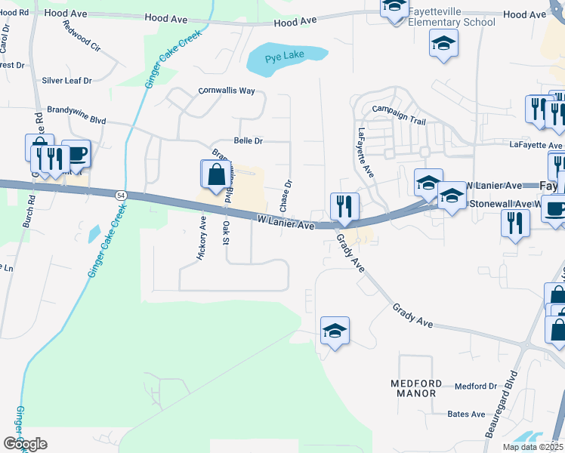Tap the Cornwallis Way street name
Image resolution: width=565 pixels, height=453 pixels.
(227, 91)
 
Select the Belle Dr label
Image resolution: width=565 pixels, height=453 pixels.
(248, 140)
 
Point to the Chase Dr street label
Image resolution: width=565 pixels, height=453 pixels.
(286, 196)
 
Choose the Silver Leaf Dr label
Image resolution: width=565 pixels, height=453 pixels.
(66, 80)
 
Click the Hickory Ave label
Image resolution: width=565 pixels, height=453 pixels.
(202, 238)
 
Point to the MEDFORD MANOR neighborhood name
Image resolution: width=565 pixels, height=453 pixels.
(414, 388)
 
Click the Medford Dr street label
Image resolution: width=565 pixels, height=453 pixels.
(475, 387)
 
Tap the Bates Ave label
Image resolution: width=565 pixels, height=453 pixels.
(466, 414)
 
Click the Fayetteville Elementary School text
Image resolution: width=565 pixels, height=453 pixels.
(452, 17)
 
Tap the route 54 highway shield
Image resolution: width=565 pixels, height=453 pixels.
(121, 195)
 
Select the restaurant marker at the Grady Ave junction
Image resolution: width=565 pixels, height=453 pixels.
(344, 206)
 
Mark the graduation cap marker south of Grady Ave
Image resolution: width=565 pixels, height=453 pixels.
(335, 331)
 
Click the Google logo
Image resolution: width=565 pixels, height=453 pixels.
(25, 444)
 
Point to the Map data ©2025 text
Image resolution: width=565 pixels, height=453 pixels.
(533, 447)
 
